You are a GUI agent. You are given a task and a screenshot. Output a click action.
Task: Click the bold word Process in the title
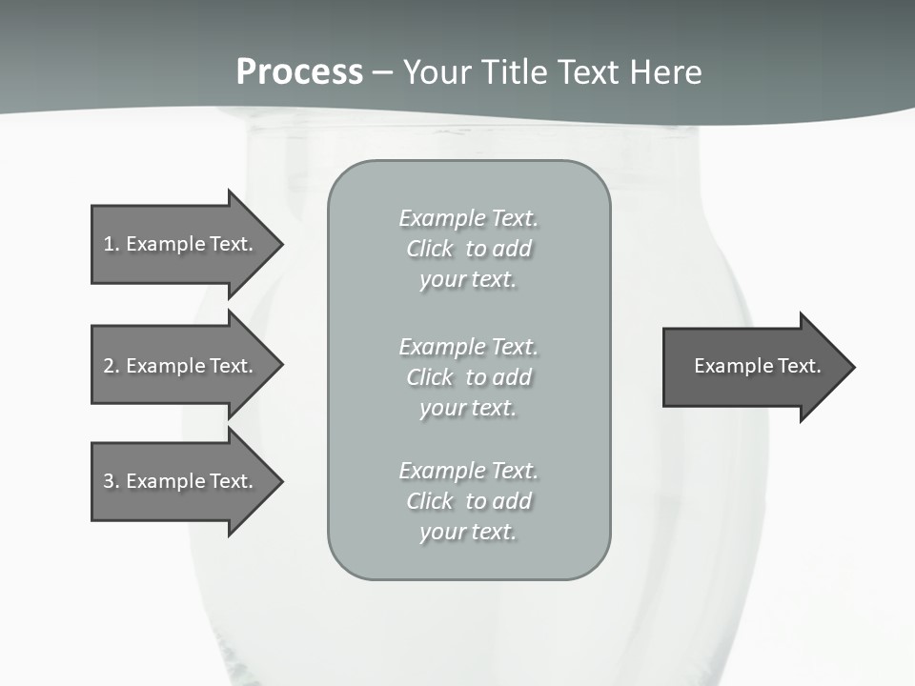coord(299,72)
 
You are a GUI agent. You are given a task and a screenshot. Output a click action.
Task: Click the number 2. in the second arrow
coord(111,366)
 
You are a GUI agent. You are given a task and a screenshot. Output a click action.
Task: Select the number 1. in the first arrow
coord(111,244)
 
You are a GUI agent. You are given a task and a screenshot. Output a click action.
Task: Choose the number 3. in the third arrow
coord(111,481)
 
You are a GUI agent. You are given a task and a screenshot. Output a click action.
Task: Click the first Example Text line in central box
coord(468,218)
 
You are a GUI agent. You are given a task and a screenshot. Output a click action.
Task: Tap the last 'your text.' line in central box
coord(468,532)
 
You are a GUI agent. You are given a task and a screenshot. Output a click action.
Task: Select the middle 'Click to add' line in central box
coord(468,377)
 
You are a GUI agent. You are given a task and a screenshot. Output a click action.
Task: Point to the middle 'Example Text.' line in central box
coord(468,347)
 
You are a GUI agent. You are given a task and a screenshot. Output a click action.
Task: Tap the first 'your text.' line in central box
coord(468,279)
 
